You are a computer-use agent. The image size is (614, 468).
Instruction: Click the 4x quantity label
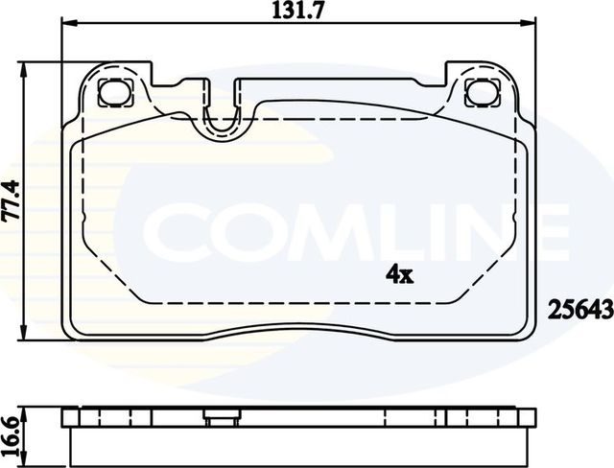398,275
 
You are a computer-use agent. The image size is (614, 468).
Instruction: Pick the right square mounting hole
476,93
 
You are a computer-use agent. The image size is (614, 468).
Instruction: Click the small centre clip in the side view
220,416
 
